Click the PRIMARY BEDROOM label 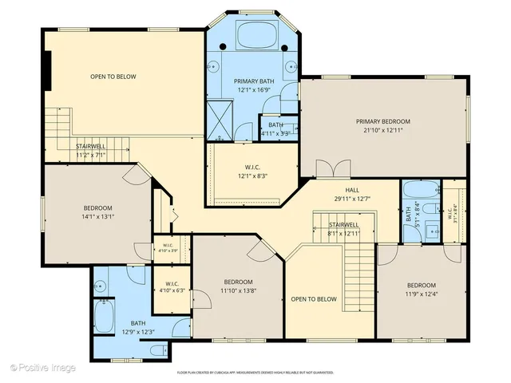point(381,121)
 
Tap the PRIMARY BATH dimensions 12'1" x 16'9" point(252,90)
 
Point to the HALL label point(352,190)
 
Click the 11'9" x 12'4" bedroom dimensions point(421,294)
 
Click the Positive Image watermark point(43,368)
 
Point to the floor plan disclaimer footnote point(255,372)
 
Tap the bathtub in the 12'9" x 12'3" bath point(105,316)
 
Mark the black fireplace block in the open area point(48,73)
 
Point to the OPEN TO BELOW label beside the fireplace point(113,77)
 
